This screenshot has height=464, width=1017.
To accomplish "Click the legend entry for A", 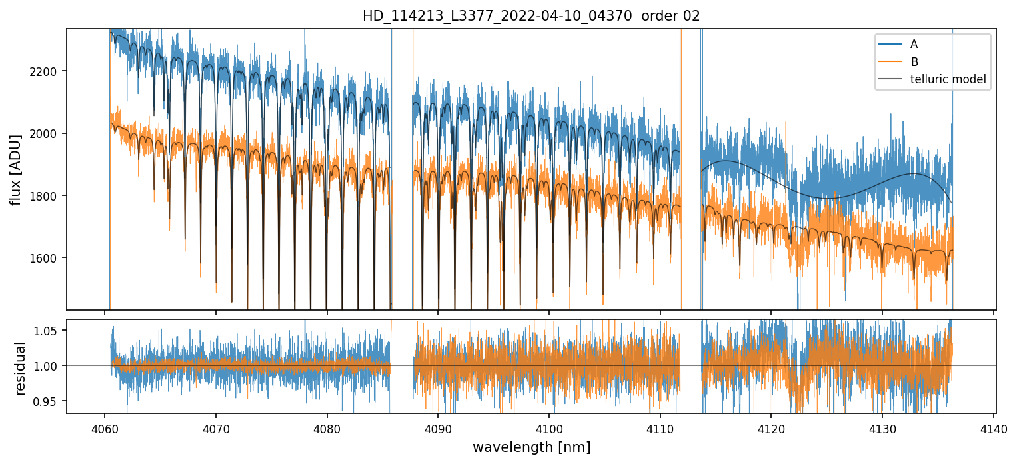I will coord(914,44).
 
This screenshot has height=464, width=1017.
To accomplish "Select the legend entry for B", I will coord(914,62).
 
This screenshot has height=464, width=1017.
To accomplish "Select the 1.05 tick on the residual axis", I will coord(51,330).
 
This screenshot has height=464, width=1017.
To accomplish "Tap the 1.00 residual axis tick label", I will coord(51,365).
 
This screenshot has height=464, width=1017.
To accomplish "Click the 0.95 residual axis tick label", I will coord(51,401).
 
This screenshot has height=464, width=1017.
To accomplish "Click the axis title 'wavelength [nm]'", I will coord(531,447).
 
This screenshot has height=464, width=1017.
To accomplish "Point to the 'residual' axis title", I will coord(20,368).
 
